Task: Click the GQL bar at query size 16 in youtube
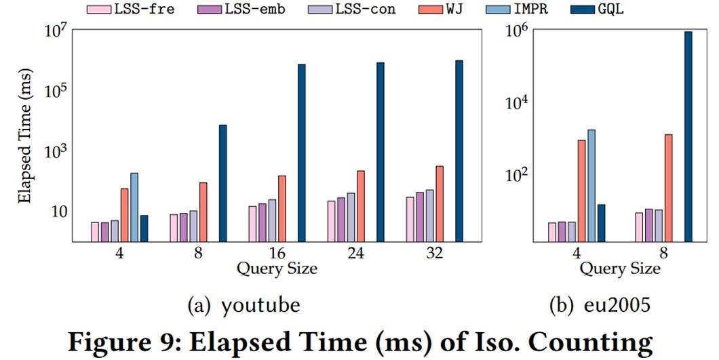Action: pyautogui.click(x=301, y=153)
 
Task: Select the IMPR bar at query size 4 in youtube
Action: pyautogui.click(x=134, y=207)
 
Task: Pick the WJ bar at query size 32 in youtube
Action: pyautogui.click(x=439, y=203)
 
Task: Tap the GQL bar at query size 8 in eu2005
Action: pyautogui.click(x=688, y=136)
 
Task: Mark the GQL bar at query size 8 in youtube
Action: pyautogui.click(x=222, y=183)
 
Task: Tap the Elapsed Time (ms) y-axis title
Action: pyautogui.click(x=24, y=136)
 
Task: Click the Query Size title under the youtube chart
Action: pyautogui.click(x=277, y=268)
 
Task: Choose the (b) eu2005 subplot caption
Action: pyautogui.click(x=600, y=306)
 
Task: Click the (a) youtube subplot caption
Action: pyautogui.click(x=244, y=306)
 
